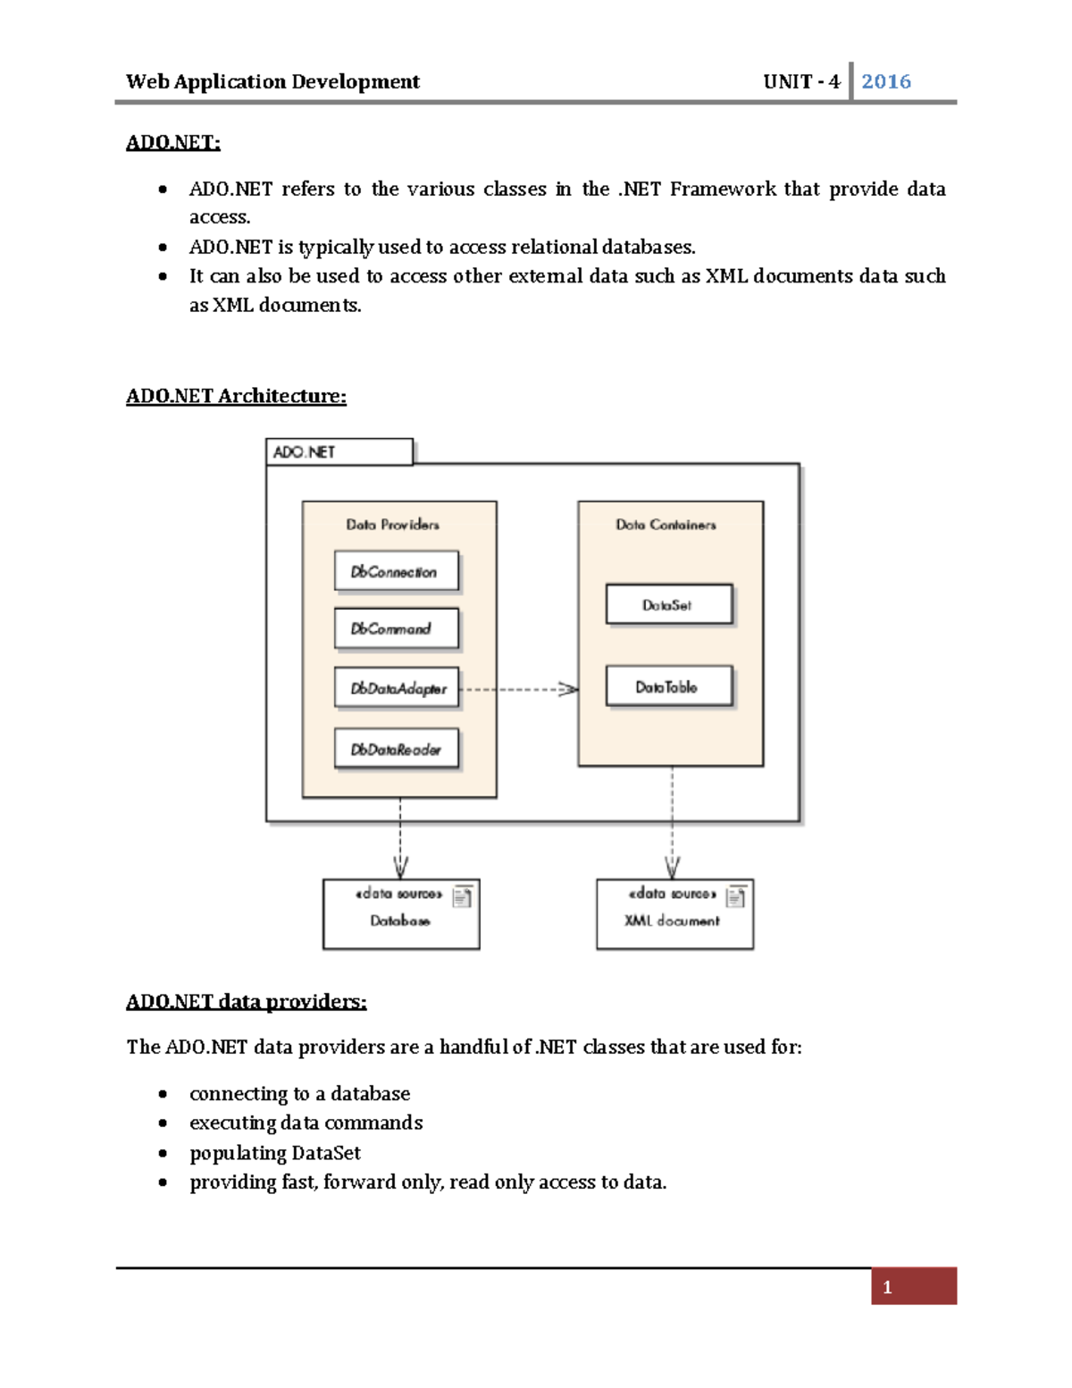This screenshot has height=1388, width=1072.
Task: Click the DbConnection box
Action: point(397,571)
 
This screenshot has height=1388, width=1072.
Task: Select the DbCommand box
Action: point(397,628)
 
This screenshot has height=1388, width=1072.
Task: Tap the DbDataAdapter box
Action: point(397,688)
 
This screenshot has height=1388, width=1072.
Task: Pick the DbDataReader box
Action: point(397,749)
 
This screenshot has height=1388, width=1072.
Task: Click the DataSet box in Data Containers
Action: point(668,605)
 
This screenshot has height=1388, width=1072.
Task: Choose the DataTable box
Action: point(668,686)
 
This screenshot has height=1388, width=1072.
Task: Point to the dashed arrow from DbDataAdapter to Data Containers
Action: point(518,689)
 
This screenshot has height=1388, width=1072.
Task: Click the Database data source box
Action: point(400,914)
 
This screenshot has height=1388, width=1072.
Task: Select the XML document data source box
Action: point(674,914)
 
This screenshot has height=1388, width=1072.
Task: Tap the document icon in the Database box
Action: point(462,896)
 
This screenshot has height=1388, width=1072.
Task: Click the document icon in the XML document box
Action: point(735,896)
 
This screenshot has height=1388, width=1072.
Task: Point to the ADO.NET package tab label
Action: point(305,452)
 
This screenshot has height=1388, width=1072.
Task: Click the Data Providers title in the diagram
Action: point(393,525)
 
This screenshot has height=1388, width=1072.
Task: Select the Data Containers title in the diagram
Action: point(666,525)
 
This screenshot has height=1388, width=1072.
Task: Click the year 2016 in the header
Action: point(885,81)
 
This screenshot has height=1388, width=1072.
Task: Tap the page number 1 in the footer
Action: point(887,1287)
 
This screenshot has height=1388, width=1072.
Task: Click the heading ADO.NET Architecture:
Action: point(236,396)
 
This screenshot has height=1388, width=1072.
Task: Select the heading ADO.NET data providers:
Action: point(246,1001)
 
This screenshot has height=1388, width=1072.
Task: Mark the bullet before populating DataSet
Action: point(163,1153)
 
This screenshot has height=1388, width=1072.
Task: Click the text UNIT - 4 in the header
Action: point(801,81)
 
